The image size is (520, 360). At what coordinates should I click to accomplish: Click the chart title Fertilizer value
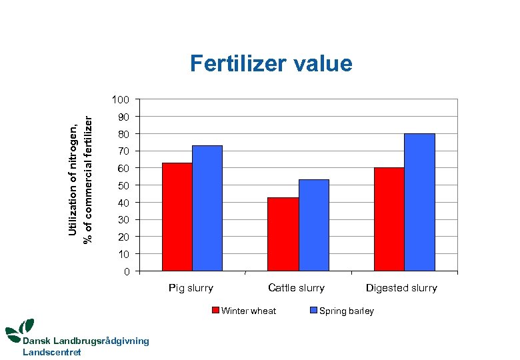tap(271, 63)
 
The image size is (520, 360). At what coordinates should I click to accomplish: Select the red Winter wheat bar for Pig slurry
tap(177, 217)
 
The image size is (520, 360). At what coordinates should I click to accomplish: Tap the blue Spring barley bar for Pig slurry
tap(207, 208)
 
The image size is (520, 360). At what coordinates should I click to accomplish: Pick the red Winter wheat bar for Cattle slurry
tap(283, 234)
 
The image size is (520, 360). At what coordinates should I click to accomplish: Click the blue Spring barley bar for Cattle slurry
tap(313, 225)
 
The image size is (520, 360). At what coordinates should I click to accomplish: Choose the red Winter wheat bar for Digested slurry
tap(389, 219)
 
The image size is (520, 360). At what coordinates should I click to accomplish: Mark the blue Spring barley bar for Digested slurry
tap(419, 202)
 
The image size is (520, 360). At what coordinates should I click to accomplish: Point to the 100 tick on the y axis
tap(121, 100)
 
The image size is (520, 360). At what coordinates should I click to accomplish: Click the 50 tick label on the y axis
tap(123, 185)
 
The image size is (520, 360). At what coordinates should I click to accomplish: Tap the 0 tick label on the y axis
tap(127, 271)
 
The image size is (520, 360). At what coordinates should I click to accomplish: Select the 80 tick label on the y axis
tap(123, 134)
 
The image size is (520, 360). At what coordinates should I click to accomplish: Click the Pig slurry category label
tap(191, 288)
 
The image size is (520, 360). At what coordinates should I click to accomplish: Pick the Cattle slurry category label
tap(296, 288)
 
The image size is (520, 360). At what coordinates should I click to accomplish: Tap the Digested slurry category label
tap(401, 288)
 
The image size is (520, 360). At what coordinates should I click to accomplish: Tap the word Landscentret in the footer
tap(52, 352)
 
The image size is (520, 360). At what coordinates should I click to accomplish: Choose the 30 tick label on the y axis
tap(123, 220)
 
